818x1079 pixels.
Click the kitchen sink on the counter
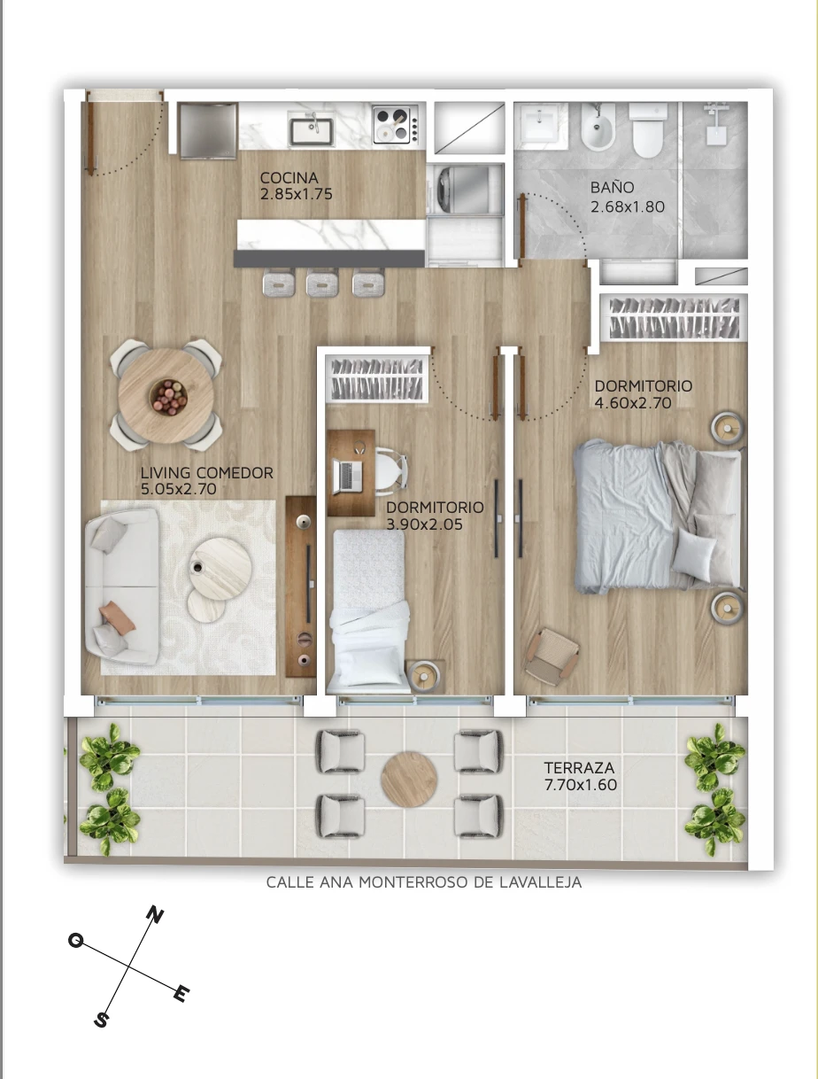pos(312,128)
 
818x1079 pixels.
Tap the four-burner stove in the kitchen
pos(395,125)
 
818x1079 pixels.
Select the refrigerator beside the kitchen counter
pos(208,131)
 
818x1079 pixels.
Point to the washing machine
pos(467,190)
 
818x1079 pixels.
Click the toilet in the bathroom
pos(648,129)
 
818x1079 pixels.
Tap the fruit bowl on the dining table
pos(168,397)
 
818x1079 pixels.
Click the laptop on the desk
pos(348,476)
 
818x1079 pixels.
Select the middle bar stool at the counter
pos(322,283)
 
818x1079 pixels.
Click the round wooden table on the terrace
pos(409,780)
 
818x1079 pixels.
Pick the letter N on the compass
pos(155,915)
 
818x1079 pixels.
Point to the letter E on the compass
pos(181,993)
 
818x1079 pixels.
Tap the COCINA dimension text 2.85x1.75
pos(297,194)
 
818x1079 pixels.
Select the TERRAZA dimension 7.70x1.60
pos(581,785)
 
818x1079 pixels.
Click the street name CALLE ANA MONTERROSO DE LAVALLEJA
pos(424,882)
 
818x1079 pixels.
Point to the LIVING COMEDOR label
pos(207,473)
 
